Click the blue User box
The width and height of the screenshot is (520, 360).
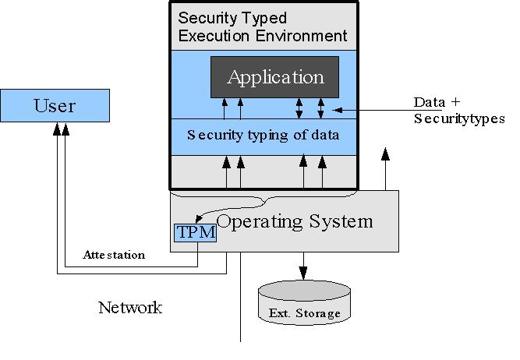(54, 105)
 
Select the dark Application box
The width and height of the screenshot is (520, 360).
(274, 77)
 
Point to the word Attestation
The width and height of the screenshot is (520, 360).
(114, 255)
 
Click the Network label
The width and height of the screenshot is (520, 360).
(130, 307)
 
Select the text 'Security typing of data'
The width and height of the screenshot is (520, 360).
(263, 134)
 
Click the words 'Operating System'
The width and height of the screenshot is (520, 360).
(295, 221)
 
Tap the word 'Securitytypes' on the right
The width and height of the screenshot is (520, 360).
(459, 118)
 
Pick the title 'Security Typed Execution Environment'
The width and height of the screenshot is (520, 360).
(263, 26)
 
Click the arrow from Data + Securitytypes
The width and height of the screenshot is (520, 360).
(374, 110)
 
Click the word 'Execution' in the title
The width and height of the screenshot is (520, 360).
(213, 36)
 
